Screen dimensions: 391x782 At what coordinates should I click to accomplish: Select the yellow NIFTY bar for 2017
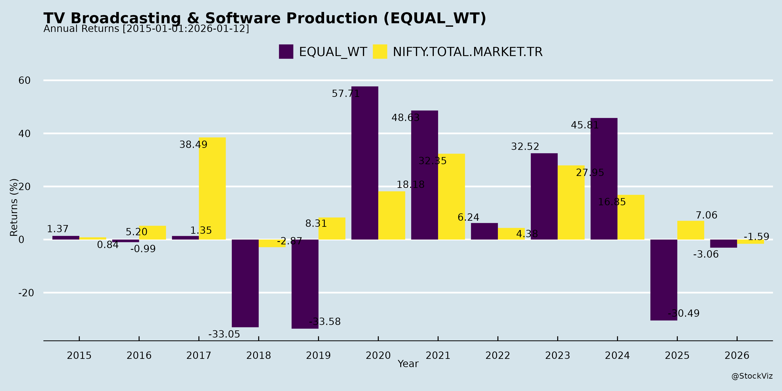point(212,189)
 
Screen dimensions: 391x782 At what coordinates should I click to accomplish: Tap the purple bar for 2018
point(245,283)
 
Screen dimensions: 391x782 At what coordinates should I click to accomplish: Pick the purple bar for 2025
point(664,280)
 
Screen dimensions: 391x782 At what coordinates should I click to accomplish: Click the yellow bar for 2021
point(451,197)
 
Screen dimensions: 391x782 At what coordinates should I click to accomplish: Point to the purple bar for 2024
point(604,179)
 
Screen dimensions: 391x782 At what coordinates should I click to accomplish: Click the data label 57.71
point(345,93)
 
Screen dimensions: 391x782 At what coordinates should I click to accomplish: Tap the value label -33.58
point(325,321)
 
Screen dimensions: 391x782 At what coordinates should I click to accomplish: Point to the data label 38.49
point(193,144)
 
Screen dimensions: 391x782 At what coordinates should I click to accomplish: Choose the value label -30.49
point(683,313)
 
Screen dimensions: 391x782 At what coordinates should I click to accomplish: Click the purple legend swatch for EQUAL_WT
point(286,52)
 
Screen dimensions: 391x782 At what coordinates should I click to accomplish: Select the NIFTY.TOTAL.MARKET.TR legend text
point(467,52)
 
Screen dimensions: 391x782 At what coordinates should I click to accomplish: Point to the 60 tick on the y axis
point(25,80)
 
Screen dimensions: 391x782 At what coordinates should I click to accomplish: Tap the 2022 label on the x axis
point(498,355)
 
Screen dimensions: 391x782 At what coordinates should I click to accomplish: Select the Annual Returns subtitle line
point(146,29)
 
